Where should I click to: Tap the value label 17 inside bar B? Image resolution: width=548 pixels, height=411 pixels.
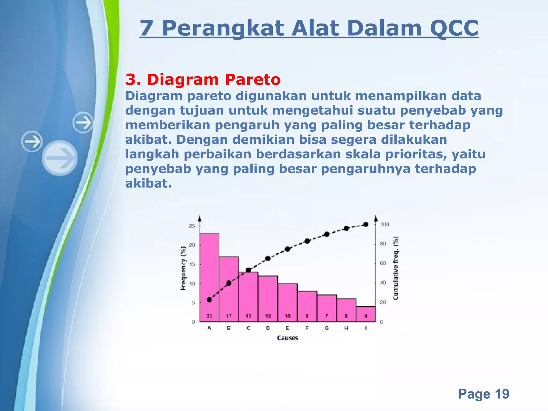[229, 316]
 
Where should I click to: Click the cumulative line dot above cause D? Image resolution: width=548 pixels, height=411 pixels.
[268, 258]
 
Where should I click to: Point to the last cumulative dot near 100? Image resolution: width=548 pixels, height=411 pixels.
[366, 224]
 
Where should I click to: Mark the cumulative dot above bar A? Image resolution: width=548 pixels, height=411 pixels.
[209, 299]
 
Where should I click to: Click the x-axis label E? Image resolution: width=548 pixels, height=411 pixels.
[287, 328]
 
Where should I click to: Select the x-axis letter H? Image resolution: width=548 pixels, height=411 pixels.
[346, 328]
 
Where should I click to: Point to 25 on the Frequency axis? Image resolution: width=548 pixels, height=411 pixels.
[192, 226]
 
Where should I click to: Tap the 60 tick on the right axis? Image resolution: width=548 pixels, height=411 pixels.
[383, 263]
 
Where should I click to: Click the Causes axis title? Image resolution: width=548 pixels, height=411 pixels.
[287, 338]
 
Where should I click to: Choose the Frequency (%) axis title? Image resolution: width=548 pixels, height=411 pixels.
[183, 268]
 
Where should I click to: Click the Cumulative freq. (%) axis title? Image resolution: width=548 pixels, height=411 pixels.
[395, 268]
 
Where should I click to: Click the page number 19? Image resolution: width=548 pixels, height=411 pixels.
[502, 394]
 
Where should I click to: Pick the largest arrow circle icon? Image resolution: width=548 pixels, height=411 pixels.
[60, 158]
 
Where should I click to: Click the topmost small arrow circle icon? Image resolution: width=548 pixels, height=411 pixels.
[83, 123]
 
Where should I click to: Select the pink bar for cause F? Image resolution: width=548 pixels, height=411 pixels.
[307, 306]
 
